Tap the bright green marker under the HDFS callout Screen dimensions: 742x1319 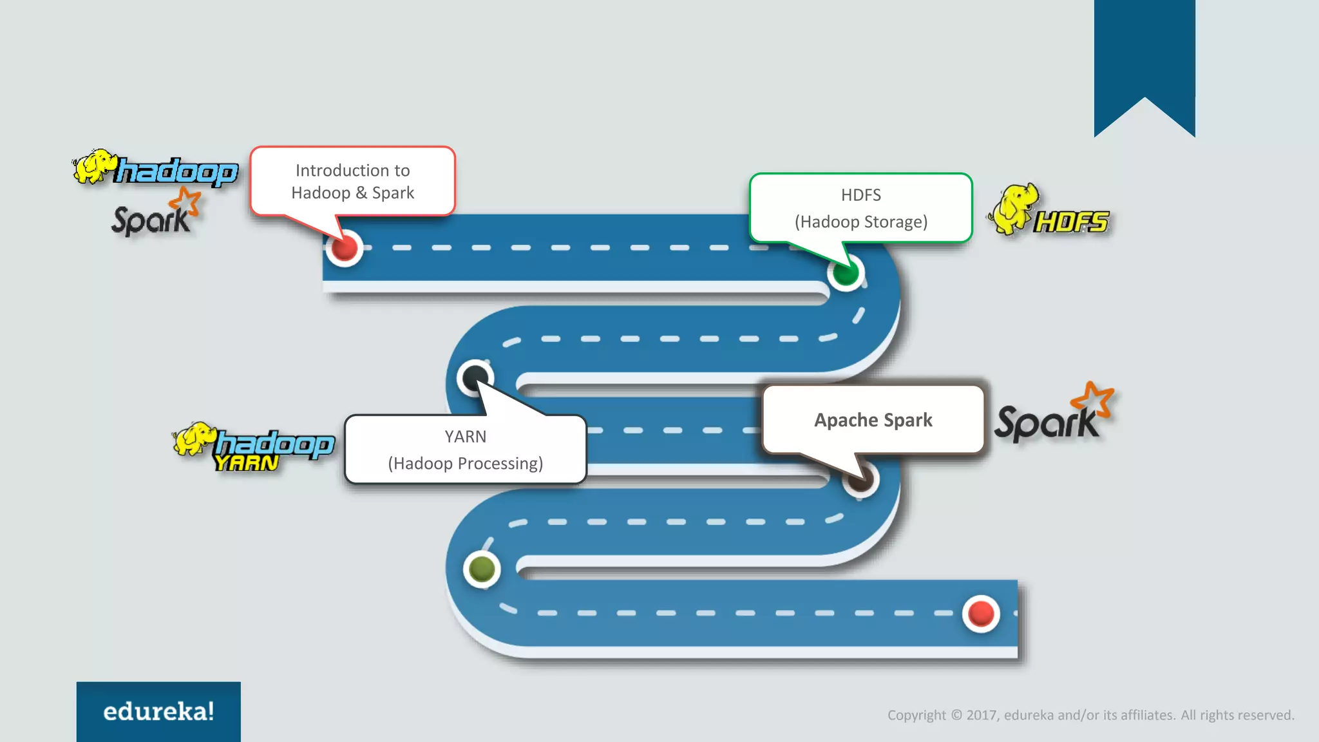coord(845,273)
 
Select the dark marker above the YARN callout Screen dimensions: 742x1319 coord(475,377)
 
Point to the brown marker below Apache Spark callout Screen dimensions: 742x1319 coord(860,479)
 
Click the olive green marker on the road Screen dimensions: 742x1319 coord(482,569)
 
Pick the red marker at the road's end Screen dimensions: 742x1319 coord(981,613)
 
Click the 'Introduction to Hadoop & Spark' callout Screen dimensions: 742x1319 coord(352,181)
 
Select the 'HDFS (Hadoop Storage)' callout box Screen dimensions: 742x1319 coord(860,208)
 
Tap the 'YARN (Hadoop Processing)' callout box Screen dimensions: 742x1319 coord(465,450)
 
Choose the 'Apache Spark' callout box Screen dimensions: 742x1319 coord(873,420)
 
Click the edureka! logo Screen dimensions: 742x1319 coord(158,711)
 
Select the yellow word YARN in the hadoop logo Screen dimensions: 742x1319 coord(247,463)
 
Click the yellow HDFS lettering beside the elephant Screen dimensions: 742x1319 coord(1071,222)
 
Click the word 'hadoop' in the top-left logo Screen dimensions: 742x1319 coord(177,171)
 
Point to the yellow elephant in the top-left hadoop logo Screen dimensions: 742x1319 coord(94,166)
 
